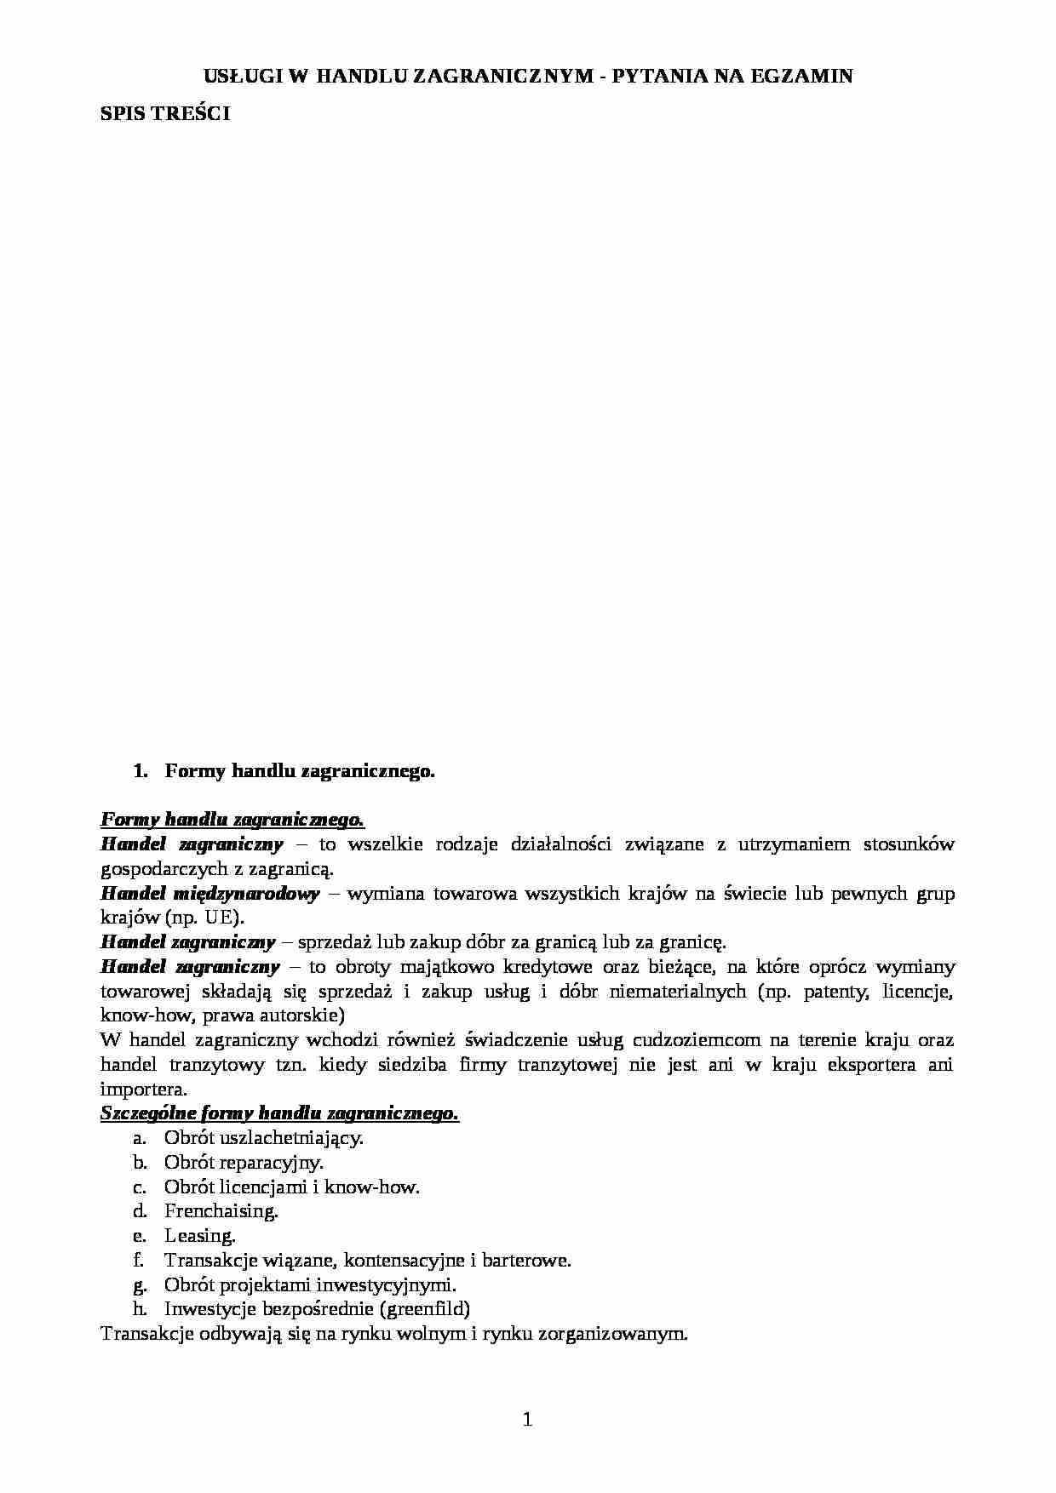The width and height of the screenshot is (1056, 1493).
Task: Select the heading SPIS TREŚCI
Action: [165, 113]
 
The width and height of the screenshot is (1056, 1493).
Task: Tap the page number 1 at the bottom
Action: [527, 1419]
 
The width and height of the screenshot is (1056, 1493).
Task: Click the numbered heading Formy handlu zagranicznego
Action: [300, 771]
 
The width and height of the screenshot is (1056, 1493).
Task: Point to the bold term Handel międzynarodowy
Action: [209, 894]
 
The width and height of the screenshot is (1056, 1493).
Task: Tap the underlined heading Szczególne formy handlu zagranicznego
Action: [280, 1113]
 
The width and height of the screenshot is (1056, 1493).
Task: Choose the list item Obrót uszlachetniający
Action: [264, 1138]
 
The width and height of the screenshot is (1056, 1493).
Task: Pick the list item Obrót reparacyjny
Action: [244, 1162]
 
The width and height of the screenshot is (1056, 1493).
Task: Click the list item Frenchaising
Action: [221, 1211]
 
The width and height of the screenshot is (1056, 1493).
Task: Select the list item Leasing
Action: [200, 1236]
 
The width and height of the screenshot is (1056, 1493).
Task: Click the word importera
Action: [143, 1090]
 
